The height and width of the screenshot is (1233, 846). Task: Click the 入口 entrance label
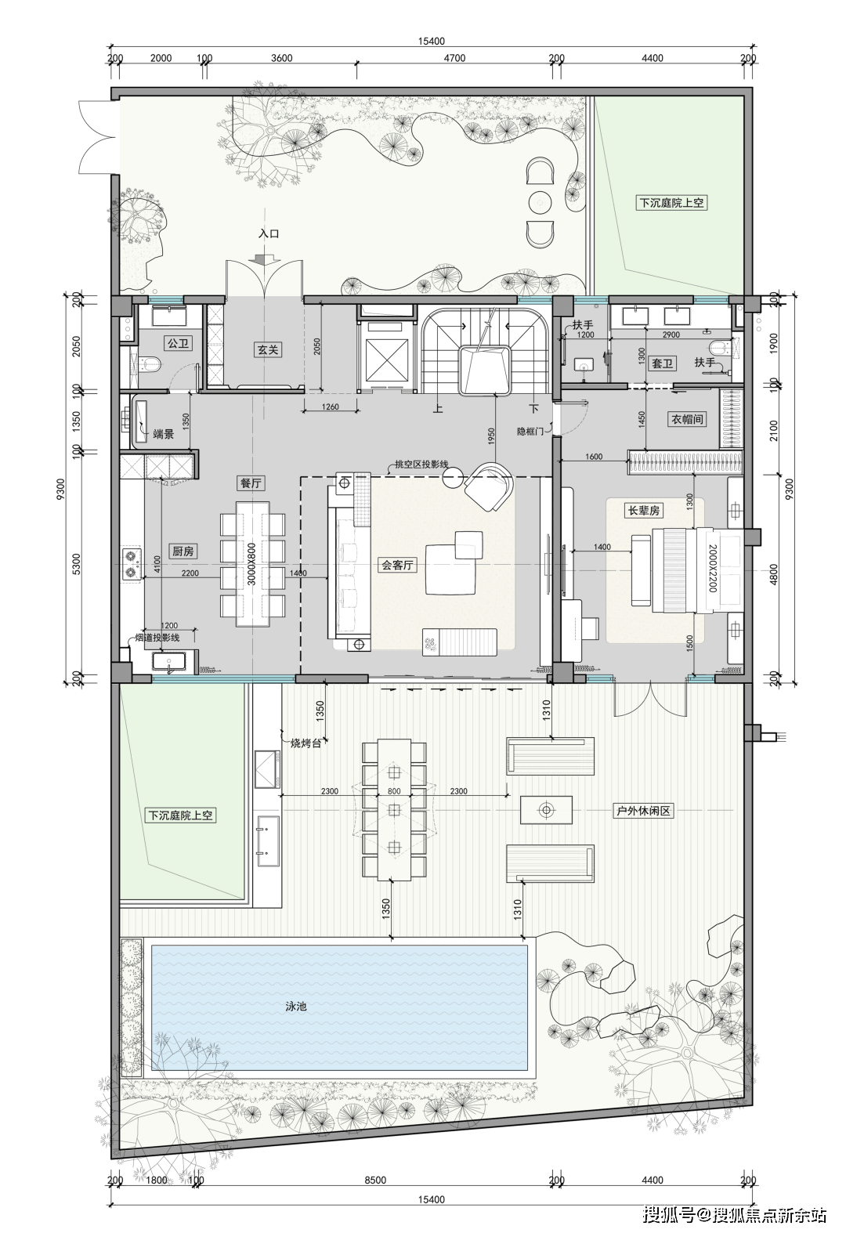click(x=269, y=233)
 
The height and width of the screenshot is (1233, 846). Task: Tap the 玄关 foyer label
click(x=268, y=349)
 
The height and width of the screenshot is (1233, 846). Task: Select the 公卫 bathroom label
click(x=178, y=343)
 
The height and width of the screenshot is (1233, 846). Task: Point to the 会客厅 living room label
click(x=397, y=565)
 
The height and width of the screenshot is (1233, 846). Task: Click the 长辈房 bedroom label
click(x=644, y=510)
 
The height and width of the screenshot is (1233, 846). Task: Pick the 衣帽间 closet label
click(x=686, y=419)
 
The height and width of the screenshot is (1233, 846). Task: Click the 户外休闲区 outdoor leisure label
click(x=643, y=811)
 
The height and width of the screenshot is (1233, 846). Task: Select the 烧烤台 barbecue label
click(x=305, y=743)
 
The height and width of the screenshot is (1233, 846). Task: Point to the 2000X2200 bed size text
click(x=713, y=569)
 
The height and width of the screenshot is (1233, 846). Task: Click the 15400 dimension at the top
click(x=431, y=42)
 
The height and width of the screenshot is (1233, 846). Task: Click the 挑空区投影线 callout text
click(x=421, y=464)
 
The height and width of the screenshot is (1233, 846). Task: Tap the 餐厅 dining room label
click(x=251, y=483)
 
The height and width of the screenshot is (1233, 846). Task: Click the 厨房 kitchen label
click(x=183, y=551)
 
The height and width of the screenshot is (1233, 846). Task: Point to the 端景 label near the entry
click(x=163, y=434)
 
